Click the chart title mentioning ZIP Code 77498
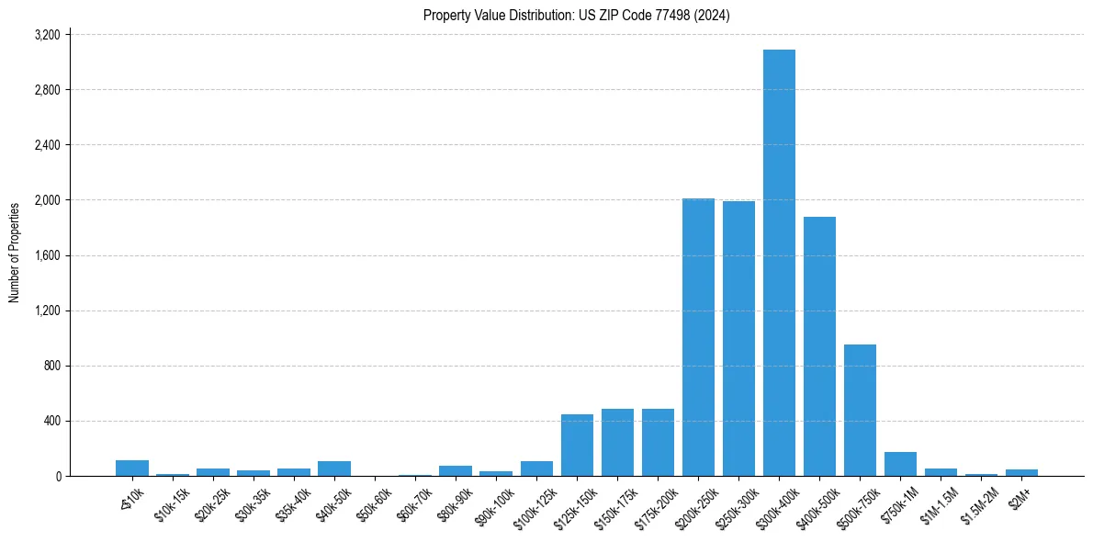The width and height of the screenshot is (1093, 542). click(x=576, y=16)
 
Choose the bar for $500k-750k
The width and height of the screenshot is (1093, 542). click(x=860, y=410)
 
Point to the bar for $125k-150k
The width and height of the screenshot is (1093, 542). click(x=577, y=446)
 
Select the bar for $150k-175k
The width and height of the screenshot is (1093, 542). click(x=617, y=443)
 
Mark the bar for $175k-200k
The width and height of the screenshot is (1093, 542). click(x=658, y=443)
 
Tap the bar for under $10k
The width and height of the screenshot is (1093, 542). click(x=132, y=468)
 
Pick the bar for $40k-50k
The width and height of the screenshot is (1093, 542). click(x=334, y=469)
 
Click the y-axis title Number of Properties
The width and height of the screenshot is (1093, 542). click(x=15, y=253)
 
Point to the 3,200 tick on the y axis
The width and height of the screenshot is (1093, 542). click(x=47, y=35)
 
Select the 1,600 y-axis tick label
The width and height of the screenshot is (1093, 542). click(x=47, y=255)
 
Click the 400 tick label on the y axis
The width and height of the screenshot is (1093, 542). click(x=52, y=421)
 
